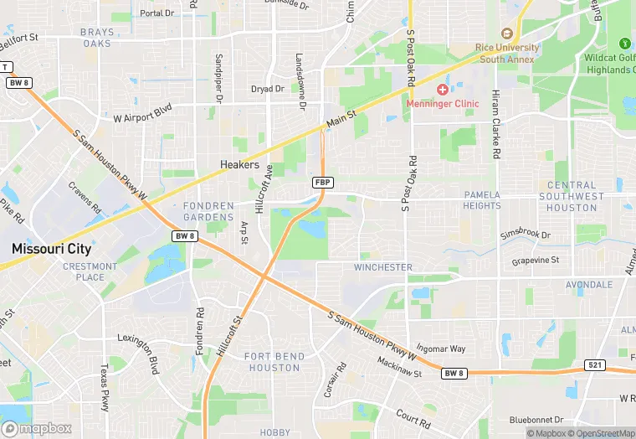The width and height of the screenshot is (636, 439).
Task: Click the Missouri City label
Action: pyautogui.click(x=51, y=249)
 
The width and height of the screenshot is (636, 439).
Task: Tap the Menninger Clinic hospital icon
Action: pyautogui.click(x=443, y=89)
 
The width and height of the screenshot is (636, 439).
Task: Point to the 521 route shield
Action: pyautogui.click(x=592, y=366)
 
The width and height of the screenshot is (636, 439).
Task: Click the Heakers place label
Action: pyautogui.click(x=239, y=165)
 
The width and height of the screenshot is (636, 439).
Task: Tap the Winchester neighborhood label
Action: pyautogui.click(x=382, y=267)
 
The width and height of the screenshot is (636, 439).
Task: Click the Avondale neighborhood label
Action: pyautogui.click(x=588, y=285)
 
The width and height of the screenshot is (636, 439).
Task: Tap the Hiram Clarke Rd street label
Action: pyautogui.click(x=496, y=125)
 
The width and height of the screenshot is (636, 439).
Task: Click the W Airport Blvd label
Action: pyautogui.click(x=142, y=111)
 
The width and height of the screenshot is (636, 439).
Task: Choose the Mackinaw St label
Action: pyautogui.click(x=399, y=367)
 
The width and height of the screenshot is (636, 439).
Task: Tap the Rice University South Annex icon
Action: pyautogui.click(x=505, y=34)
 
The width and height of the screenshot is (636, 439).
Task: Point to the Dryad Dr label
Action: pyautogui.click(x=268, y=89)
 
